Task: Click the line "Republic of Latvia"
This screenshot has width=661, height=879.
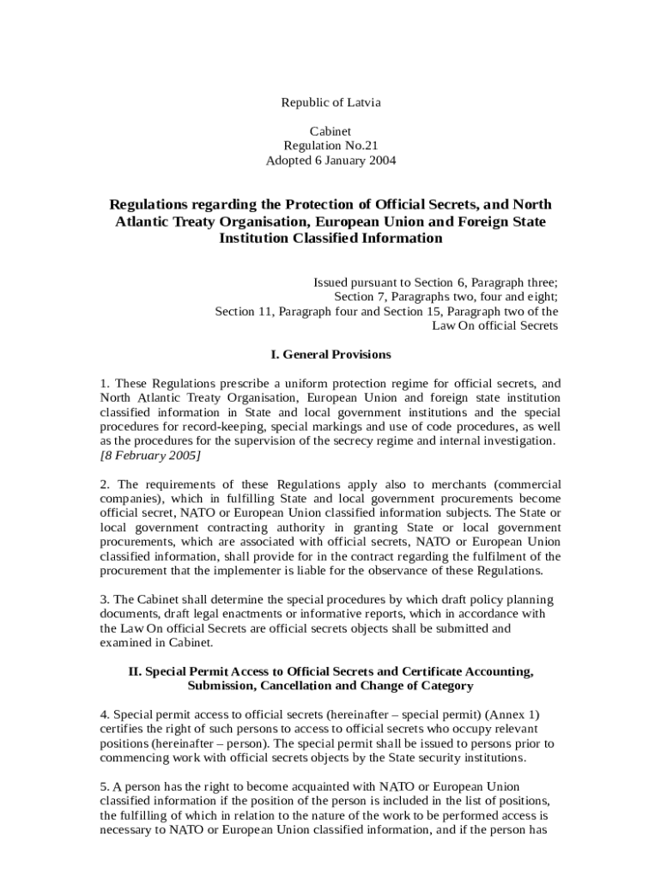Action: (330, 103)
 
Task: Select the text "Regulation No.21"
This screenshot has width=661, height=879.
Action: (330, 146)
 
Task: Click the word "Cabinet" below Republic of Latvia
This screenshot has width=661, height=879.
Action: (330, 131)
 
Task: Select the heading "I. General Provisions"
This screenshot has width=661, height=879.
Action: (330, 355)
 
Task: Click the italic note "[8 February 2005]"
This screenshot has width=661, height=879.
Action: (150, 455)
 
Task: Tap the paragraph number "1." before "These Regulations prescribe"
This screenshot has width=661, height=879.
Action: (105, 383)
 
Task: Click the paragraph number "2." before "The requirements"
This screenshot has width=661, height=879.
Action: (105, 484)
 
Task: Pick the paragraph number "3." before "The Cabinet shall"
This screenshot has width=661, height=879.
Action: (105, 599)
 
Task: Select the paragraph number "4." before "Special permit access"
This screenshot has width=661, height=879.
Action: (105, 714)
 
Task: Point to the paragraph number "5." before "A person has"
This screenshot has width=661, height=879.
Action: (105, 786)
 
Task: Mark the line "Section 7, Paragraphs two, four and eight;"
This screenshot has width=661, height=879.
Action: (446, 297)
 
